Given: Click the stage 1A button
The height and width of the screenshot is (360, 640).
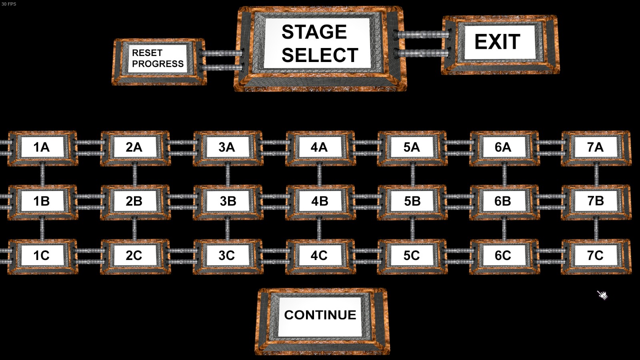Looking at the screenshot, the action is click(x=42, y=148).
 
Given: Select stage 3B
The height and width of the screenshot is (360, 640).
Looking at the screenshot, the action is click(x=228, y=202).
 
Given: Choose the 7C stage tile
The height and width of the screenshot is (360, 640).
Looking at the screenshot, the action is click(x=596, y=256).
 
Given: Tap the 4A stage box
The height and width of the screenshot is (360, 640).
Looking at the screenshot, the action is click(x=320, y=148).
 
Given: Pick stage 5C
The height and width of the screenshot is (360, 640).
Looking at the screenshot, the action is click(x=412, y=256).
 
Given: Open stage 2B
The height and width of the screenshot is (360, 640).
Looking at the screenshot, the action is click(x=135, y=202).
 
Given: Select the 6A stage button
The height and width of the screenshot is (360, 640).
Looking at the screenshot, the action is click(x=504, y=148).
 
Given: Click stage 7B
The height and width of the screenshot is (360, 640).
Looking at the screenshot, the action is click(x=596, y=202).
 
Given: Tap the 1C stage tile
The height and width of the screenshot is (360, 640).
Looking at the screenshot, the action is click(x=42, y=256).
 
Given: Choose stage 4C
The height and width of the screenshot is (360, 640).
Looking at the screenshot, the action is click(x=320, y=256).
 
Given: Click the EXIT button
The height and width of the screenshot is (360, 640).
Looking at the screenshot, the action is click(x=500, y=44).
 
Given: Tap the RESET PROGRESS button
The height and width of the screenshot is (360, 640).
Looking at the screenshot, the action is click(x=159, y=62).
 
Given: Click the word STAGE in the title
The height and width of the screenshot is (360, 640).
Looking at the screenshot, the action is click(x=314, y=32).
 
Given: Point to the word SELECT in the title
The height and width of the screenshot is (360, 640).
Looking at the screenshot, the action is click(x=320, y=55).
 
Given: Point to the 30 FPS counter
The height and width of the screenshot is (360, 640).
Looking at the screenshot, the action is click(x=9, y=4).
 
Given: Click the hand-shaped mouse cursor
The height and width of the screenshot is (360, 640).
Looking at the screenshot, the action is click(x=602, y=295).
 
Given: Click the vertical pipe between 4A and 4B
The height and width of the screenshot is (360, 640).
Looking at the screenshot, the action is click(x=320, y=175).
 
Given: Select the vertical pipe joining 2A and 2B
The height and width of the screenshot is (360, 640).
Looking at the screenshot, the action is click(x=135, y=175).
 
